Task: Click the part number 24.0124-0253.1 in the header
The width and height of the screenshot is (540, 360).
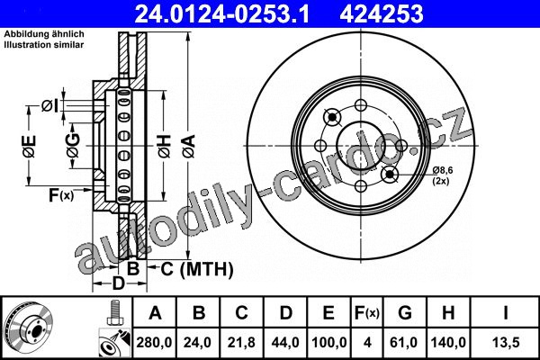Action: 222,13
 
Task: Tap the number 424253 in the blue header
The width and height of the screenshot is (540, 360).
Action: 382,13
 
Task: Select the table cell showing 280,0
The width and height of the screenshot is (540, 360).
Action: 154,342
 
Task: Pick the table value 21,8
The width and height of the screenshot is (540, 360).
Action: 241,342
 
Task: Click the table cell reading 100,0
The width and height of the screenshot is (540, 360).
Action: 328,342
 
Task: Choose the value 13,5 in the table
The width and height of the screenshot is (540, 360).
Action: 505,342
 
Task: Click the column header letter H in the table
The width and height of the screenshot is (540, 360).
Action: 448,313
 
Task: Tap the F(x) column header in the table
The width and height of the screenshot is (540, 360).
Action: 367,313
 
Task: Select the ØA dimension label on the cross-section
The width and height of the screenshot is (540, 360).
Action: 189,147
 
